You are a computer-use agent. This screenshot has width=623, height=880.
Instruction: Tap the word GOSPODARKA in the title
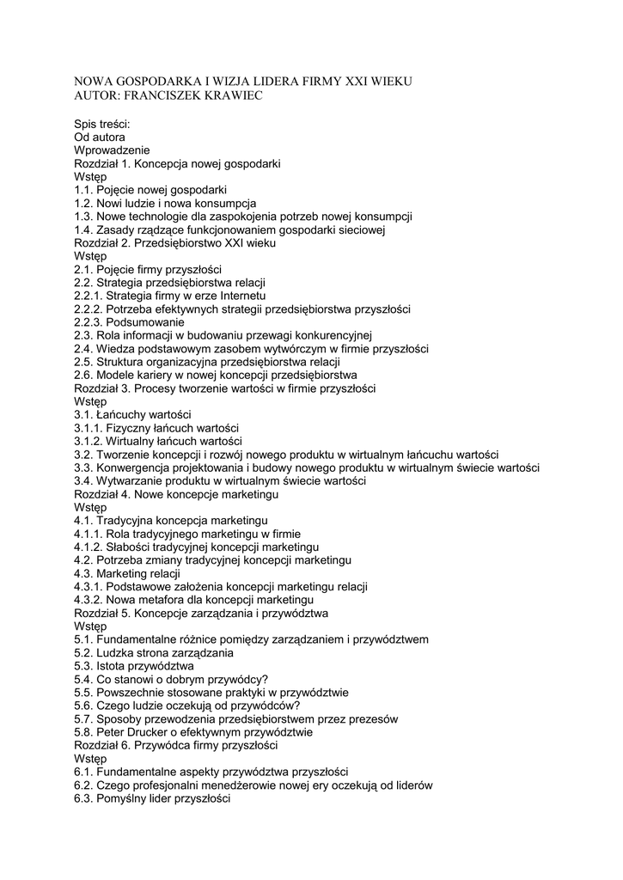click(x=155, y=81)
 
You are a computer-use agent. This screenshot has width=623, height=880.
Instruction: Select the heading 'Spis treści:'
click(x=102, y=124)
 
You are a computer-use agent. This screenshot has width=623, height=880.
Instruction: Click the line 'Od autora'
click(x=100, y=137)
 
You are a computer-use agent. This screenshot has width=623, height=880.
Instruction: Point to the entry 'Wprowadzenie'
click(x=112, y=150)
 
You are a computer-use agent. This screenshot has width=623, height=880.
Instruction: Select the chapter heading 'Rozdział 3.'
click(x=105, y=388)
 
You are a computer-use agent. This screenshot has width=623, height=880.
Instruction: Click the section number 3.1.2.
click(x=89, y=442)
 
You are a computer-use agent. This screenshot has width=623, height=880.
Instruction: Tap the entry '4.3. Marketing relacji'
click(x=127, y=573)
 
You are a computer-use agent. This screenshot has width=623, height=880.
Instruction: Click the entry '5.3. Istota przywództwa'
click(x=134, y=666)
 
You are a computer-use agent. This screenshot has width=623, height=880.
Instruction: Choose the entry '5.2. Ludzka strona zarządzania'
click(x=154, y=653)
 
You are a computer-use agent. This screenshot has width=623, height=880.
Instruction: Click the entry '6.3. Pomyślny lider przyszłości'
click(x=152, y=798)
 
